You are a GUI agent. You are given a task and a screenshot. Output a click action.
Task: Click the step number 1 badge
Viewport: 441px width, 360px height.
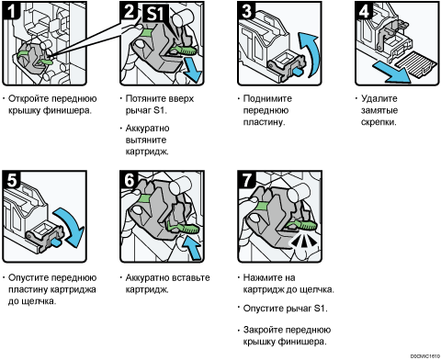(11, 10)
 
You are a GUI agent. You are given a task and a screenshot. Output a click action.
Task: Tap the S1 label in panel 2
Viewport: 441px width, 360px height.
(155, 13)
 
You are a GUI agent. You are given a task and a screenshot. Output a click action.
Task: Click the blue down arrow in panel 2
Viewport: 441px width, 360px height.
(193, 71)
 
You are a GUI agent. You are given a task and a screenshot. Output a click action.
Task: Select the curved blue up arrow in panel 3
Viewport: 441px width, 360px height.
(310, 52)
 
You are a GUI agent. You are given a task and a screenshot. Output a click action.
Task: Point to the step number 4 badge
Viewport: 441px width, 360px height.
(364, 10)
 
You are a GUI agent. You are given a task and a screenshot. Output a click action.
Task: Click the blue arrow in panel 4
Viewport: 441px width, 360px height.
(391, 72)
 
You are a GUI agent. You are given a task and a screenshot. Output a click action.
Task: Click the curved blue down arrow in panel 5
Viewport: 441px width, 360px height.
(70, 227)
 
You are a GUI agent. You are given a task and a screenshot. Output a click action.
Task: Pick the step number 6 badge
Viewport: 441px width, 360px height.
(129, 180)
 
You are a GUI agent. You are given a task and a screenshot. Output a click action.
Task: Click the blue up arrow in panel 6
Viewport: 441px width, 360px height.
(192, 246)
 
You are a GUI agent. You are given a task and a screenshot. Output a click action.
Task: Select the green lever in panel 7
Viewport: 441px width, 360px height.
(302, 226)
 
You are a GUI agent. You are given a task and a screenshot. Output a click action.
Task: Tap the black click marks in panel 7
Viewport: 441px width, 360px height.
(304, 242)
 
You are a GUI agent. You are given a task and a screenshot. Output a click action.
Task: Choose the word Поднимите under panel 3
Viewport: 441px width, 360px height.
(267, 98)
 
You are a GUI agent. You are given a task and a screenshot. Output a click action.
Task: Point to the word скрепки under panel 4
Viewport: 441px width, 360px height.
(379, 122)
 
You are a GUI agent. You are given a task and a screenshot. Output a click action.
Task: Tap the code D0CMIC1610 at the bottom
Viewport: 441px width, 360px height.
(425, 356)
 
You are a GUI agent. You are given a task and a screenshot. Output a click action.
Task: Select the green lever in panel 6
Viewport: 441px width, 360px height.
(183, 228)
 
